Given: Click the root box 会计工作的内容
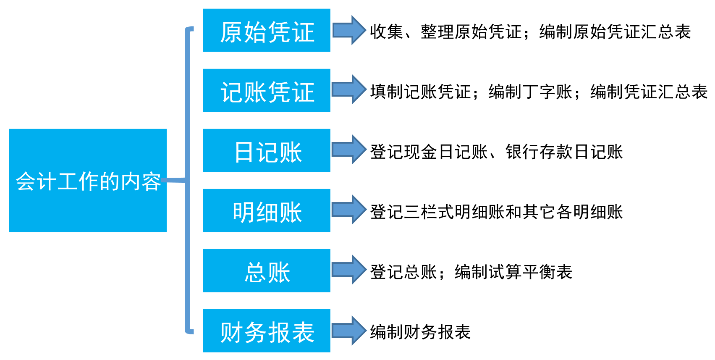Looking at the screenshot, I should [x=88, y=181].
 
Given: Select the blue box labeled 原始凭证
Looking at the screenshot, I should [x=267, y=31].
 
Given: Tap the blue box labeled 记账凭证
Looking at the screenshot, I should [x=267, y=91].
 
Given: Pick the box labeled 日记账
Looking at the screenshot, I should [x=267, y=151].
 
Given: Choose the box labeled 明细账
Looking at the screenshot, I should [x=267, y=211].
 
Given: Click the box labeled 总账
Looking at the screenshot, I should [x=267, y=271].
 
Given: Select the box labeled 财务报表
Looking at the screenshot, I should [x=267, y=331].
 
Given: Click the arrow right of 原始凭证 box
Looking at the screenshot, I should [x=349, y=30].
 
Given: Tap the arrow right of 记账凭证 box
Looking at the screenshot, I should [x=349, y=89].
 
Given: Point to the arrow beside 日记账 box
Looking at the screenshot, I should [x=349, y=150].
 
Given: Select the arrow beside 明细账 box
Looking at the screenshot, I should [x=349, y=210].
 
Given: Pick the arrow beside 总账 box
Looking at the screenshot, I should [x=349, y=270].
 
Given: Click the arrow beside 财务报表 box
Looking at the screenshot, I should [x=349, y=330].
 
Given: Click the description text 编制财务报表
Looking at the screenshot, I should [x=420, y=332].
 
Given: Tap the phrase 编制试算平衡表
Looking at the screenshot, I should [x=513, y=272].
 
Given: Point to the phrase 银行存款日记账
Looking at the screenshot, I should [x=564, y=152].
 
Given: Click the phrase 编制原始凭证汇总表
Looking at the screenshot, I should [x=615, y=32].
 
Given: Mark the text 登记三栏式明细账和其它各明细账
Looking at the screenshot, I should [x=496, y=212].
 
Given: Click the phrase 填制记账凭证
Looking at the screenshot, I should [x=420, y=92].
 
